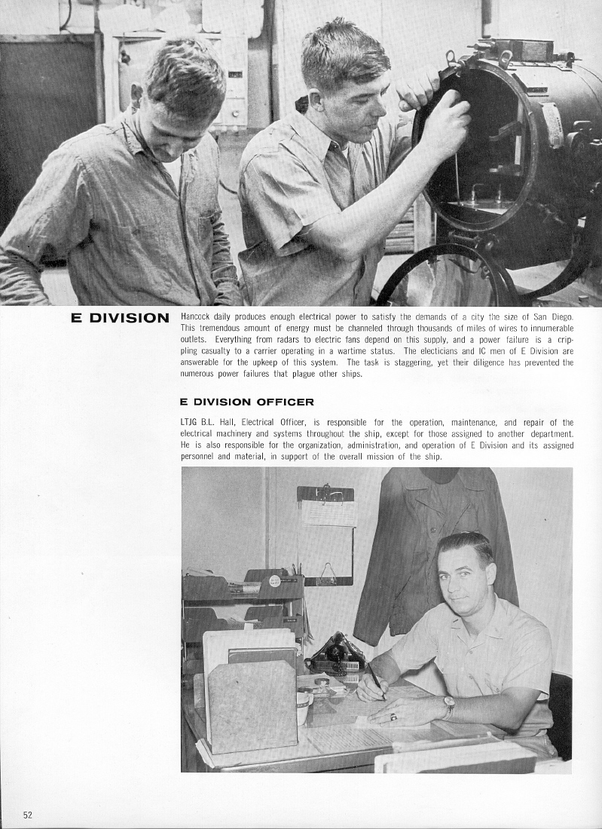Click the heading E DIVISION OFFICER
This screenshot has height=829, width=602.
click(x=247, y=402)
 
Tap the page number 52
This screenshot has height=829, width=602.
click(x=28, y=815)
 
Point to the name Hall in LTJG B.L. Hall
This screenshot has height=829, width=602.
click(x=228, y=423)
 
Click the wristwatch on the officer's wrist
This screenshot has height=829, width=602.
click(x=449, y=707)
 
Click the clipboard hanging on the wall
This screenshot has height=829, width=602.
click(x=325, y=535)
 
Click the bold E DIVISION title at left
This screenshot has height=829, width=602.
click(x=120, y=318)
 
